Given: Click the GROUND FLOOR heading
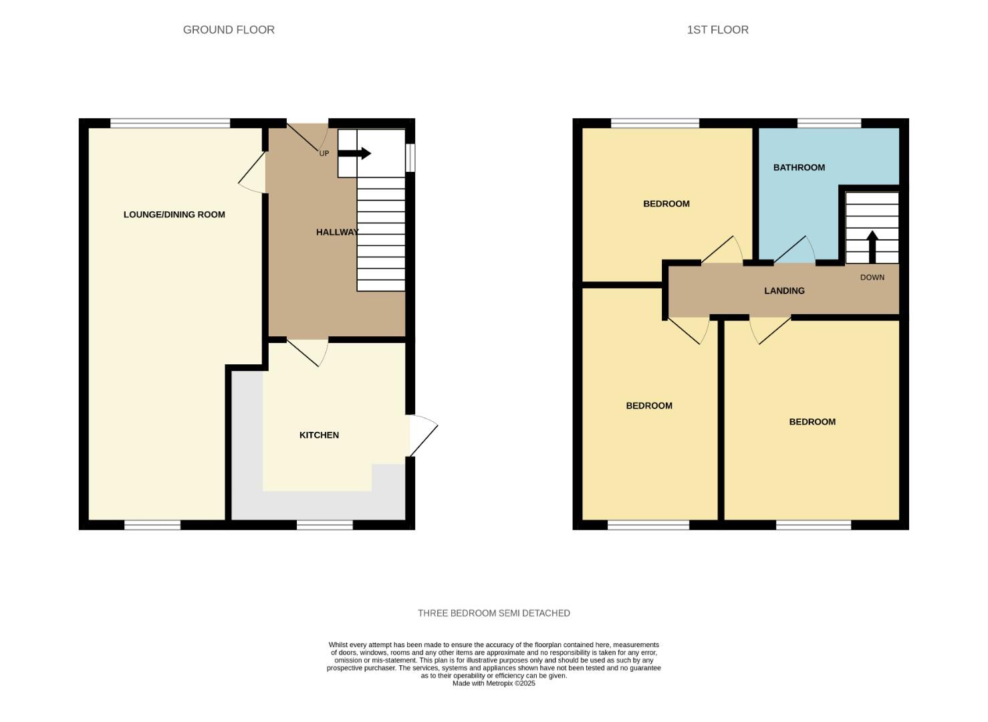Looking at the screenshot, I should point(229,29).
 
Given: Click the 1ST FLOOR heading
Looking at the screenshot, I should point(717,29).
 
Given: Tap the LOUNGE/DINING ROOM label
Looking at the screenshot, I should point(174,215).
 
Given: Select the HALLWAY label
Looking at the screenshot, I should point(337,232).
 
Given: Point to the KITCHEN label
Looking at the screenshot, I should point(319,435).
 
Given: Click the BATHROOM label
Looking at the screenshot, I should point(799,168).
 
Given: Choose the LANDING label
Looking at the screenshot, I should point(784,291).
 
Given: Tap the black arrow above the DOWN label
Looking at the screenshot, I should point(872,246).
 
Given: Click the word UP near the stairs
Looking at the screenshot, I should point(324,154).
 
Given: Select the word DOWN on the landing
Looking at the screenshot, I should point(872,277).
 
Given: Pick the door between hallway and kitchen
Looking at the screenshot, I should point(307,352).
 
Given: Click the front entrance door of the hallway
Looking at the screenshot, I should point(307,136).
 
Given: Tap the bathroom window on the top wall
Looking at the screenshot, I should point(829,123).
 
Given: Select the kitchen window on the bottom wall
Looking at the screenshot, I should point(324,525).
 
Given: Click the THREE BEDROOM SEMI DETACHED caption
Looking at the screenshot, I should point(493,613).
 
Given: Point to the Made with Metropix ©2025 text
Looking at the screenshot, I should point(493,683).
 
